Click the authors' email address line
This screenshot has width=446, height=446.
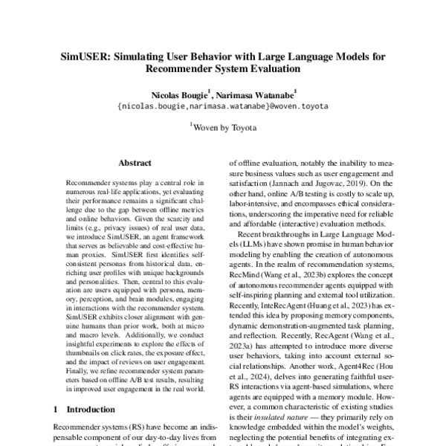pyautogui.click(x=222, y=107)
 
